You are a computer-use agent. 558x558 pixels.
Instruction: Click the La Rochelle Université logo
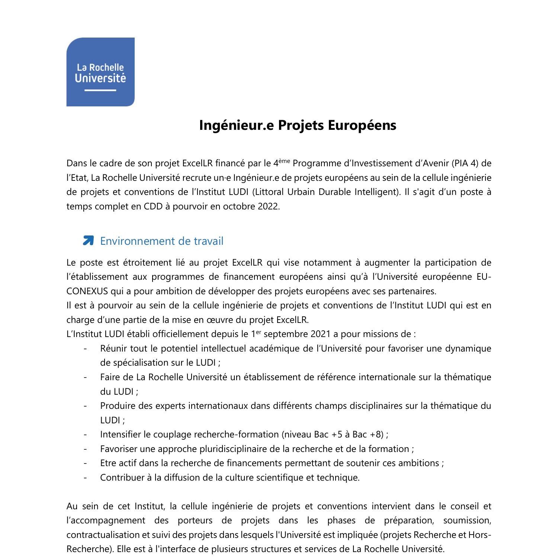[x=100, y=72]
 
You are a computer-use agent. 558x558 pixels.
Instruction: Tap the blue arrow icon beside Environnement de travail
[x=88, y=241]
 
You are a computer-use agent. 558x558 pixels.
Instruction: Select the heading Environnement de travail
[x=162, y=241]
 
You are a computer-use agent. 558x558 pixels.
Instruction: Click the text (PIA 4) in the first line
[x=467, y=163]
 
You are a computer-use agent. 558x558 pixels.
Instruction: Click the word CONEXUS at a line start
[x=87, y=291]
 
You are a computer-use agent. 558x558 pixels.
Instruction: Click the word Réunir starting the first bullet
[x=112, y=349]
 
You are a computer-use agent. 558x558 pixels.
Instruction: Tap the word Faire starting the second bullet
[x=111, y=377]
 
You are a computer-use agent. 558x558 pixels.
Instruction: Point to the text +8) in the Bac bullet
[x=377, y=434]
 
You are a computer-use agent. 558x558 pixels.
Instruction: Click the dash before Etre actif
[x=86, y=463]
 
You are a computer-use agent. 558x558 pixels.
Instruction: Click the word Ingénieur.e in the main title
[x=237, y=125]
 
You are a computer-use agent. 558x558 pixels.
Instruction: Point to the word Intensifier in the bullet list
[x=121, y=434]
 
